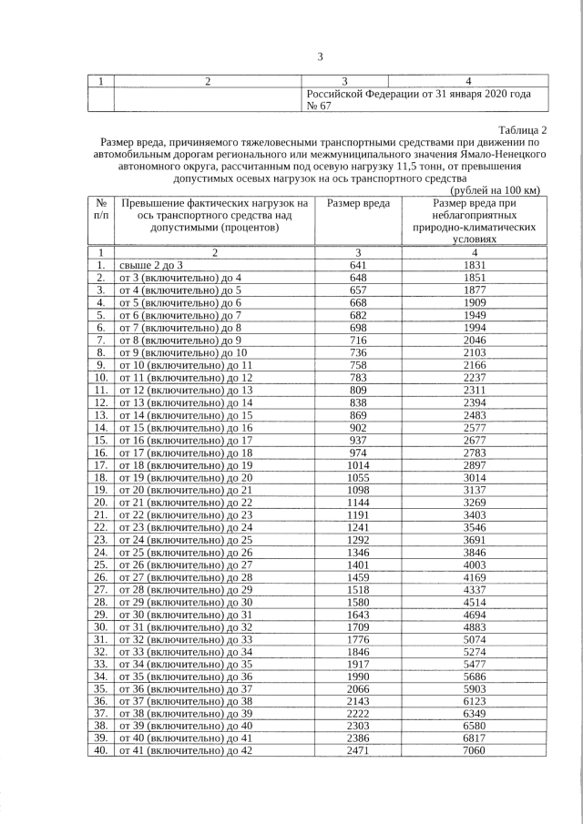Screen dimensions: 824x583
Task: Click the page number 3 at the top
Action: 320,57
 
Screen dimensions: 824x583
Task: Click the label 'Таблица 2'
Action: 523,129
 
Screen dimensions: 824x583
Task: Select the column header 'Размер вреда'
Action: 358,203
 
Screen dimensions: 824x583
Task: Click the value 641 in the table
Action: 358,264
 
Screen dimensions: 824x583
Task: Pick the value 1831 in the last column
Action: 474,264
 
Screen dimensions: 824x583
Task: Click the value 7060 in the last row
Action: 474,750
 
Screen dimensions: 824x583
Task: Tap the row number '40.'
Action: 100,750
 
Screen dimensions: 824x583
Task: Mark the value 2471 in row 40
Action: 358,750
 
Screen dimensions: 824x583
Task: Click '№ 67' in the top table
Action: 319,106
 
